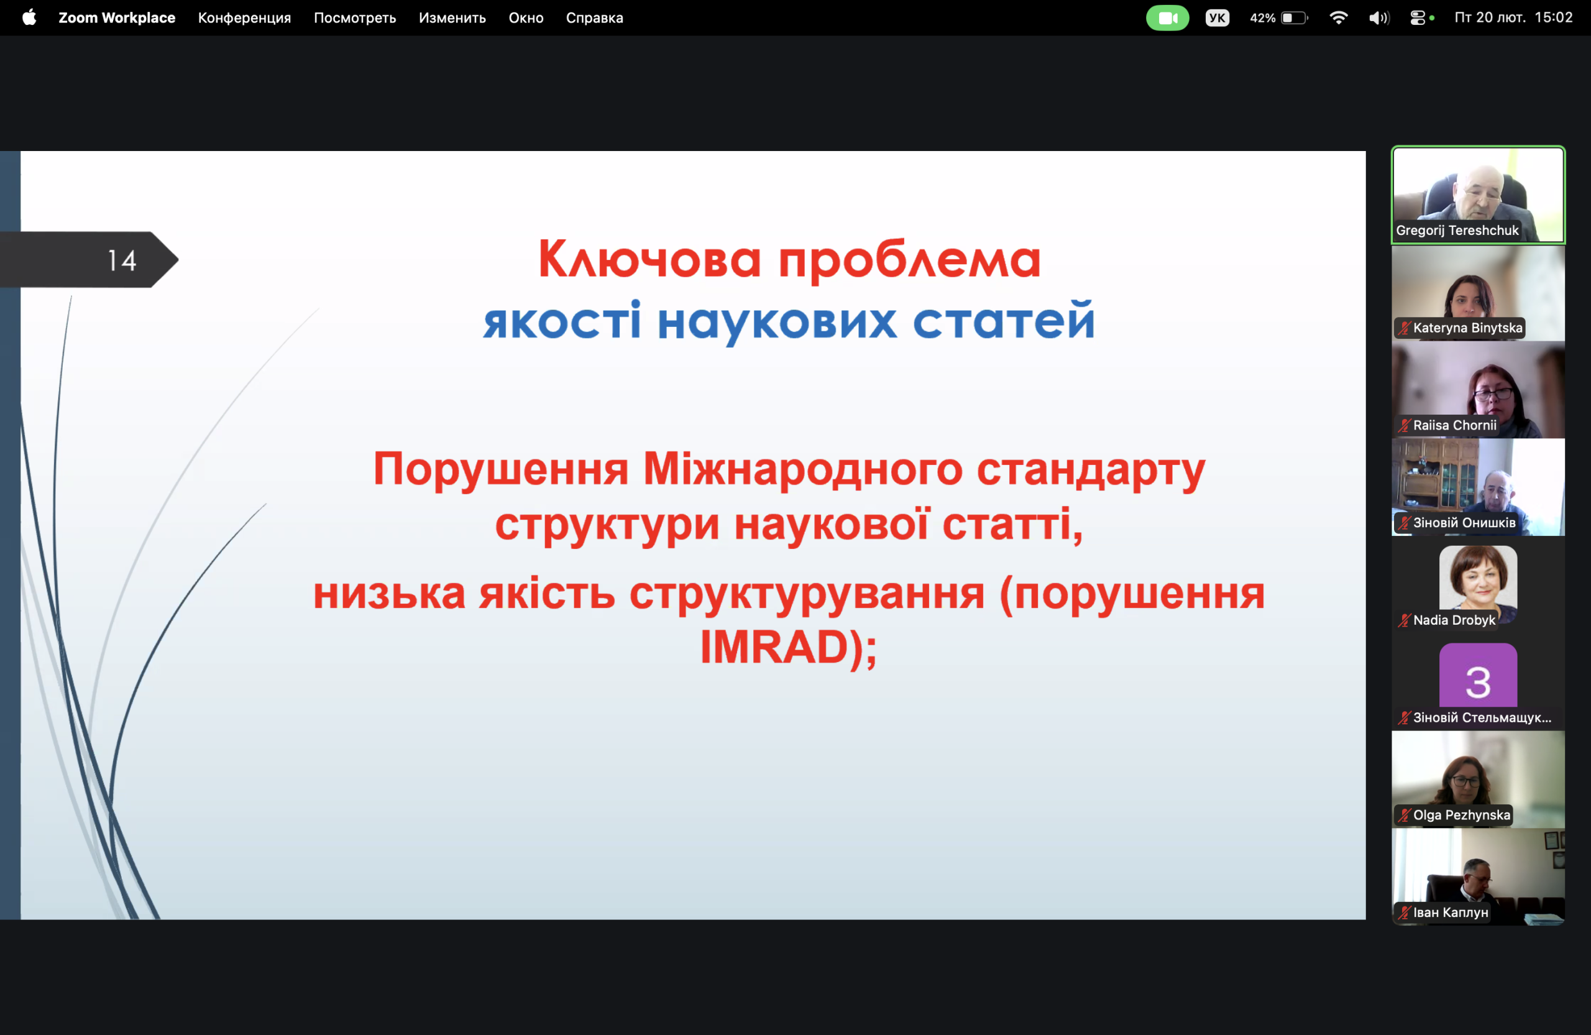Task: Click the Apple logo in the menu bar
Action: (x=29, y=17)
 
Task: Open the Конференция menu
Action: (x=245, y=18)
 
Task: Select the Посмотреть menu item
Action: (x=355, y=18)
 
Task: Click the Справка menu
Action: (x=594, y=18)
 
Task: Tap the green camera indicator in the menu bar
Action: (x=1167, y=18)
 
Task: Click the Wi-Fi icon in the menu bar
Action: (x=1338, y=18)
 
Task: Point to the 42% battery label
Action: (x=1263, y=18)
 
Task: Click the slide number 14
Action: (x=122, y=260)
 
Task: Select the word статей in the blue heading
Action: (x=1004, y=321)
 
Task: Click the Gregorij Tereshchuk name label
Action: (x=1457, y=231)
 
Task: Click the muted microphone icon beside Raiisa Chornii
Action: (x=1405, y=425)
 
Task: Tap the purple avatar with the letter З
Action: (x=1478, y=675)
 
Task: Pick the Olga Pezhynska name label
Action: (x=1462, y=815)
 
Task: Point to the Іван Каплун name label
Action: (x=1451, y=913)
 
